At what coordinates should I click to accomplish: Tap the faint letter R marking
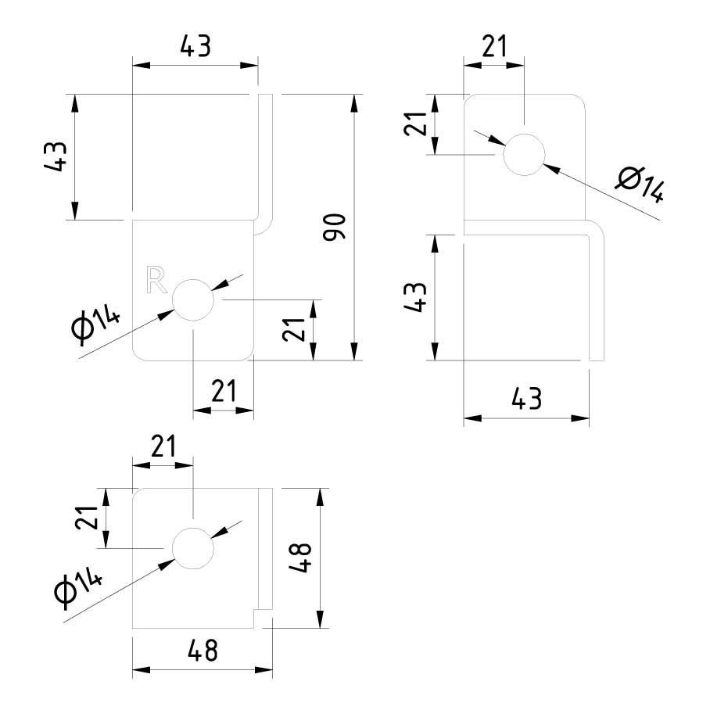(x=156, y=280)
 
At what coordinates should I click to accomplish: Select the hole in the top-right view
(x=524, y=154)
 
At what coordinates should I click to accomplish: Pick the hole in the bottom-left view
(x=192, y=548)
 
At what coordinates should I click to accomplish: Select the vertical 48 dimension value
(x=302, y=558)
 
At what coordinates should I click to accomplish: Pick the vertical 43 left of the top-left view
(x=57, y=157)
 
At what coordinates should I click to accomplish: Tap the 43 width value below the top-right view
(x=525, y=399)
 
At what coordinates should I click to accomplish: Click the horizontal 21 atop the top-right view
(x=493, y=48)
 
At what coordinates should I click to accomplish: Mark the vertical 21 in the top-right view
(x=415, y=124)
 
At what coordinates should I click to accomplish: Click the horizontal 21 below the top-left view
(x=224, y=390)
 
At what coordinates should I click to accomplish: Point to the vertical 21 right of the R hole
(x=293, y=331)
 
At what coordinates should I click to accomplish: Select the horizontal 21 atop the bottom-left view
(x=163, y=447)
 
